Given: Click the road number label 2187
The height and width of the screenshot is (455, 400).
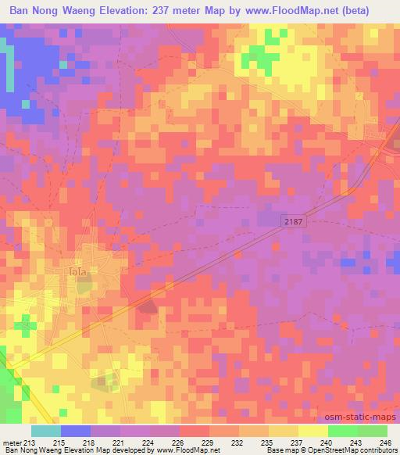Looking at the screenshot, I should click(x=293, y=223).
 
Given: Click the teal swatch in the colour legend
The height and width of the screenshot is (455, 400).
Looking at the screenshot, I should click(x=46, y=431).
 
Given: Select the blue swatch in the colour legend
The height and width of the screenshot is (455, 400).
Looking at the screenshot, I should click(x=76, y=431).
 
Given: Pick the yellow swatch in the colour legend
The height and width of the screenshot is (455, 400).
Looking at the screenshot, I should click(x=312, y=431).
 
